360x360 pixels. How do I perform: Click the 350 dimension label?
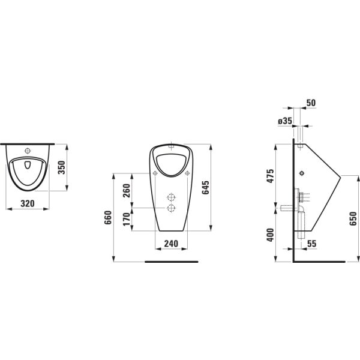coord(62,167)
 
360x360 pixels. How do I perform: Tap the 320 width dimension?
coord(28,203)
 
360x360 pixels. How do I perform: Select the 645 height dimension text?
coord(205,187)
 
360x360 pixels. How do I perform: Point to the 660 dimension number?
coord(107,217)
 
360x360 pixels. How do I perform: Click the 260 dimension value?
coord(127,191)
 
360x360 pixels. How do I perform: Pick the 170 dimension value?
coord(127,219)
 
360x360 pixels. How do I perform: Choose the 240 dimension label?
coord(171,244)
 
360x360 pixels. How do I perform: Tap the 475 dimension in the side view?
coord(271,176)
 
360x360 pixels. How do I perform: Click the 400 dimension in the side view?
coord(271,235)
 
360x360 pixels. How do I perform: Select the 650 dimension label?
coord(353,218)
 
